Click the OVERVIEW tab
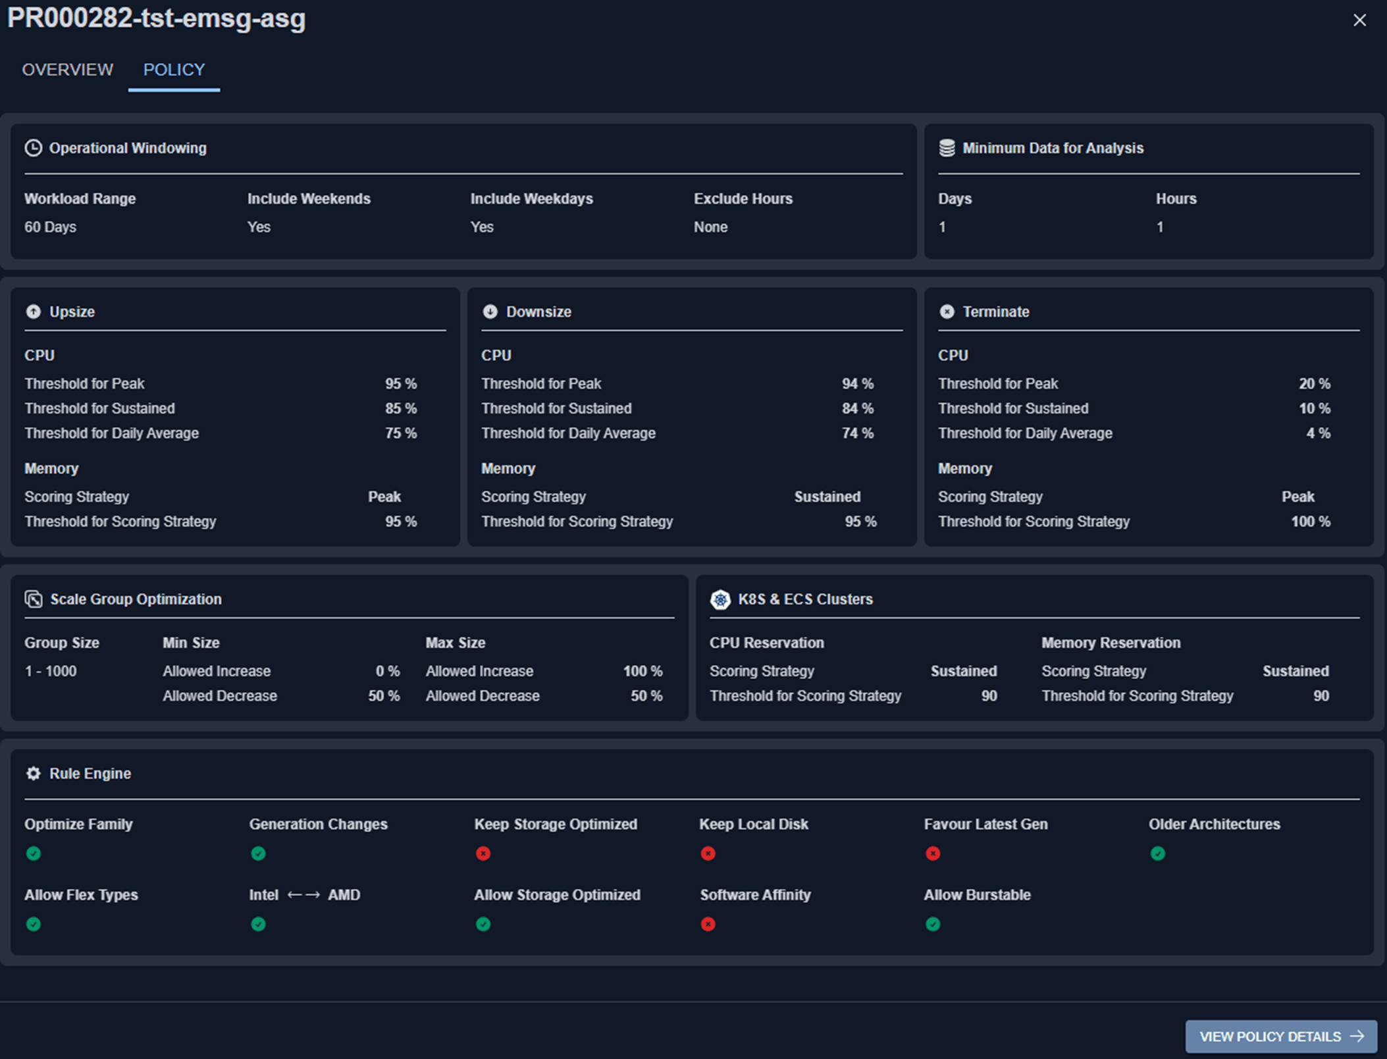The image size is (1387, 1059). click(67, 70)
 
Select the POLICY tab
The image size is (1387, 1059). click(174, 70)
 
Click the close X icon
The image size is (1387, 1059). click(1359, 20)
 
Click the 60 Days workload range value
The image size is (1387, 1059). click(50, 227)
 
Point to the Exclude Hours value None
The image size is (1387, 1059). click(710, 227)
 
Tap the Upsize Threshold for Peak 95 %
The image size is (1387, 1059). click(401, 384)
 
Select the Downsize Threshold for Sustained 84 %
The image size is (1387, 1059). click(858, 409)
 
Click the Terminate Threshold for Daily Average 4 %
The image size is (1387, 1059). click(1319, 433)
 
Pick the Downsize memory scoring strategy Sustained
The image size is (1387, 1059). click(827, 497)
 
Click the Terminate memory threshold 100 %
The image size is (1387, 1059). click(1311, 522)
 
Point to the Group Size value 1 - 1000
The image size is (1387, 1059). click(50, 671)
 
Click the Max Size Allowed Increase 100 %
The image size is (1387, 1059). click(642, 671)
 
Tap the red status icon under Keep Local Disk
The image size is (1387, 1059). click(708, 854)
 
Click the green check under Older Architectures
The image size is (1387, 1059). click(1157, 854)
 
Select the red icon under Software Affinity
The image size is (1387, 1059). click(708, 925)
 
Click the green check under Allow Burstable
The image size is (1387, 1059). click(933, 925)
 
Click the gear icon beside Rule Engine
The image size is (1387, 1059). click(33, 774)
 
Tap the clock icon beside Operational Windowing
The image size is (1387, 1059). click(33, 148)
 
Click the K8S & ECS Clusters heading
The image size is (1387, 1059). click(805, 599)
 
